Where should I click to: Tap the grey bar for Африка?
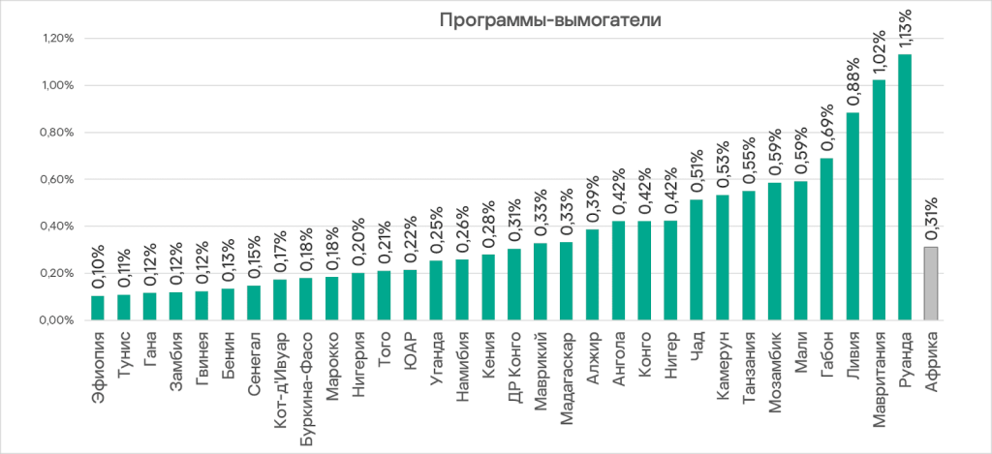931,284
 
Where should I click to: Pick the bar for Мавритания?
879,199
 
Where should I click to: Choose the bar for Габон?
826,238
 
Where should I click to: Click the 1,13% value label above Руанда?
905,29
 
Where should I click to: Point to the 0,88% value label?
852,88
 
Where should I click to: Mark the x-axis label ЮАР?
411,348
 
